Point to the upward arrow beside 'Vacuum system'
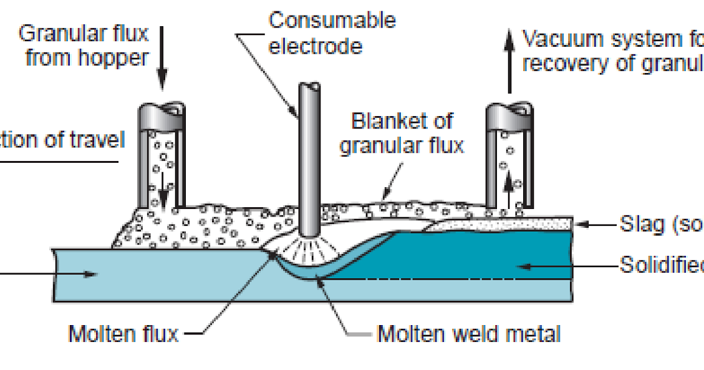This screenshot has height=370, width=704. tap(509, 59)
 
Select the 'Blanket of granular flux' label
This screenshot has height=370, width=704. tap(402, 132)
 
